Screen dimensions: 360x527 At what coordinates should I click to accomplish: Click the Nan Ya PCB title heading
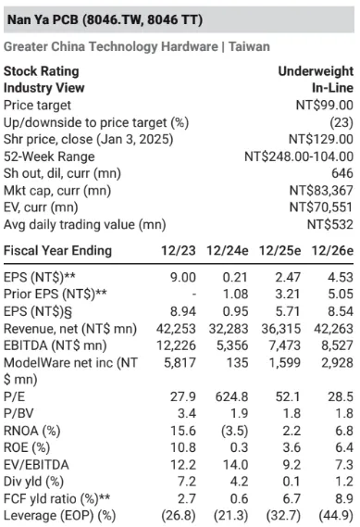point(105,19)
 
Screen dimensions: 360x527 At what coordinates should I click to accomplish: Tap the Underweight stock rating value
point(316,71)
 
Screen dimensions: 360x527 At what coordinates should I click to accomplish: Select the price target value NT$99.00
point(325,106)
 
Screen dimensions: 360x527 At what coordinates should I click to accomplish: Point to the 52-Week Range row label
point(49,157)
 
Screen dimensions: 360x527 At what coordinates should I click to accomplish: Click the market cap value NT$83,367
point(321,191)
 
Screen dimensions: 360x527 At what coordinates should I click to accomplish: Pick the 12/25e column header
point(279,251)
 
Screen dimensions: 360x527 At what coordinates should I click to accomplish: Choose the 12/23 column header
point(179,251)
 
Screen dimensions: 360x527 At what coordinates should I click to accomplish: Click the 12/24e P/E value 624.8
point(231,396)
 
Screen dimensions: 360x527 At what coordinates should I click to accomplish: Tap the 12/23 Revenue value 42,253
point(176,329)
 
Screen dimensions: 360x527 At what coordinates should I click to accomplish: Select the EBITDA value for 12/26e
point(337,345)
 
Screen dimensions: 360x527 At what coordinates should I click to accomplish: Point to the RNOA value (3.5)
point(235,431)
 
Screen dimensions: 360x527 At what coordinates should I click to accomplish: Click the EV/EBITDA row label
point(36,465)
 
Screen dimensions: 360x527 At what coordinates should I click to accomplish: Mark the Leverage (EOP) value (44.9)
point(336,516)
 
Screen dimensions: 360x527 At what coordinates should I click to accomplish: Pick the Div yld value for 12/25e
point(292,482)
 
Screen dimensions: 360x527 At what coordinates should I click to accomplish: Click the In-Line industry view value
point(332,88)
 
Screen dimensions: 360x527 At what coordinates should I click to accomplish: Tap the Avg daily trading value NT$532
point(330,224)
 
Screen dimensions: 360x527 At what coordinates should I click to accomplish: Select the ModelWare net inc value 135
point(237,363)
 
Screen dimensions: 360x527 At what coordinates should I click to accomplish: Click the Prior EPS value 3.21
point(287,295)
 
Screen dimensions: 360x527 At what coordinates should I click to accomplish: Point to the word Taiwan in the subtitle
point(249,46)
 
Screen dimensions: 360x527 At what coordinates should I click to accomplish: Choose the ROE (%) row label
point(27,447)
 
